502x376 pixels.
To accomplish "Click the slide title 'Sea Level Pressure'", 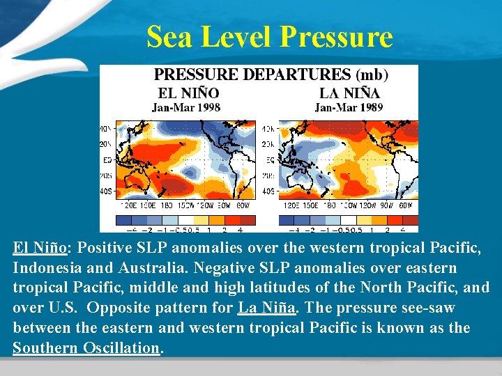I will pyautogui.click(x=270, y=37).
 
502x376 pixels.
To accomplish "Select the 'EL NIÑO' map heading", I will pyautogui.click(x=189, y=93).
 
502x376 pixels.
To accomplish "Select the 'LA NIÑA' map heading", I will pyautogui.click(x=349, y=93).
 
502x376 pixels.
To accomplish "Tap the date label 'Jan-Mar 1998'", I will pyautogui.click(x=186, y=108).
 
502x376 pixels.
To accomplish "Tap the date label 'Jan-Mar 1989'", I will pyautogui.click(x=349, y=108).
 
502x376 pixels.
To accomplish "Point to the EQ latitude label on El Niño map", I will pyautogui.click(x=107, y=159).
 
